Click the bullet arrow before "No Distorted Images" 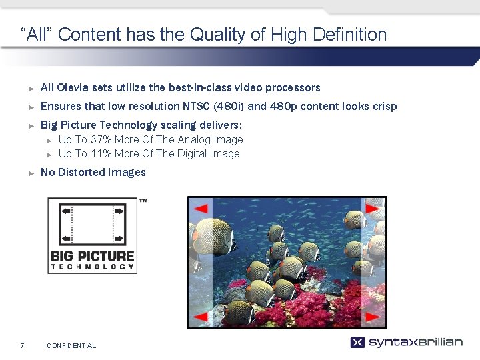(31, 173)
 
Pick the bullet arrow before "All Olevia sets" (31, 88)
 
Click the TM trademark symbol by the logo (143, 201)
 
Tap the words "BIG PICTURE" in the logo (93, 256)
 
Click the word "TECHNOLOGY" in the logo (93, 267)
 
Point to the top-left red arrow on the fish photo (200, 209)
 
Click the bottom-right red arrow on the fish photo (373, 315)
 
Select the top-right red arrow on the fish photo (373, 209)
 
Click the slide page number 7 (22, 345)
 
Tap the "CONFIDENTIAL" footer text (71, 345)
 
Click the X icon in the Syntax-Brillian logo (357, 343)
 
